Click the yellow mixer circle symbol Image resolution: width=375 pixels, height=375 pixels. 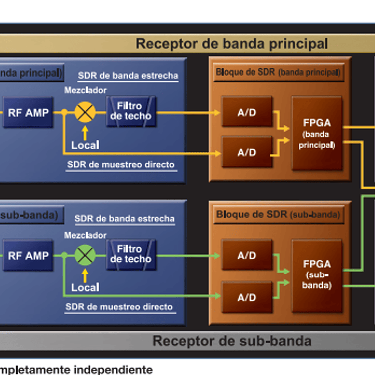85,112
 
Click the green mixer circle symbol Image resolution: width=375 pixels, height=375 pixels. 85,255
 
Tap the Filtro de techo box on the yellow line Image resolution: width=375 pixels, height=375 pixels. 131,111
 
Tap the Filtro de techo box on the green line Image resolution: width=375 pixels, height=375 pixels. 131,255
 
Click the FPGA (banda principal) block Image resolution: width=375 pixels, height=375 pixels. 317,133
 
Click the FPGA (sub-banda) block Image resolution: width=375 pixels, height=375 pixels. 317,275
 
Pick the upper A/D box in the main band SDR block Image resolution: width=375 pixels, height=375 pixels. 247,112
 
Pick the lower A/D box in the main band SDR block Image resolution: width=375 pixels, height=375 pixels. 247,152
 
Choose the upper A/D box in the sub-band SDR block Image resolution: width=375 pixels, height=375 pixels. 247,255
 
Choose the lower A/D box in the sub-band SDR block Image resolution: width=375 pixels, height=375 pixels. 247,297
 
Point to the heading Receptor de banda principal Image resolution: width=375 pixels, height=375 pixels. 232,43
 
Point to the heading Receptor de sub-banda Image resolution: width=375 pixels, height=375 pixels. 232,341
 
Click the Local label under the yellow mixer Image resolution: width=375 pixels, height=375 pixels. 85,144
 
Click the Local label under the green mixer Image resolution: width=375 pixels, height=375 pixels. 85,287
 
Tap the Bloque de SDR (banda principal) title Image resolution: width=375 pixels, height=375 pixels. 278,72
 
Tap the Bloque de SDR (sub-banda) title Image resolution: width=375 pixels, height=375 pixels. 278,214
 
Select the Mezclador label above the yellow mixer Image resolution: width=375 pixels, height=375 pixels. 86,90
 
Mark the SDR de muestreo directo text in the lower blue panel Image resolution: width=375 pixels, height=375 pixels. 119,307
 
